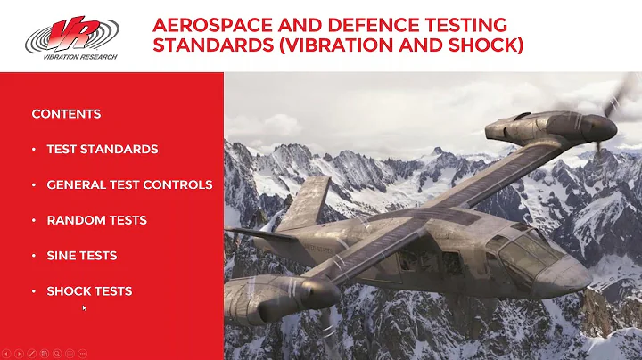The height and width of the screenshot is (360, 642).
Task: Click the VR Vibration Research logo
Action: coord(70,36)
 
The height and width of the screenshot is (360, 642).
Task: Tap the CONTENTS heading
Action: coord(66,114)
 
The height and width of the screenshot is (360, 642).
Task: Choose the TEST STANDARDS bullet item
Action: coord(102,149)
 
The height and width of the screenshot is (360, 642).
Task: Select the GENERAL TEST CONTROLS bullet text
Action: coord(129,184)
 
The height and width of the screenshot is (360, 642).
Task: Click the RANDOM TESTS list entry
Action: coord(96,220)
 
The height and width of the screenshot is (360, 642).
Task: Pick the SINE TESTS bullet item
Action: coord(81,256)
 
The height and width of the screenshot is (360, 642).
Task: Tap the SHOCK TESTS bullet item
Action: coord(89,291)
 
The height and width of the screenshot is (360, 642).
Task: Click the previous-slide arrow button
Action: coord(6,353)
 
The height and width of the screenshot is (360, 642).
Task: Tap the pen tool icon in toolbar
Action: coord(32,353)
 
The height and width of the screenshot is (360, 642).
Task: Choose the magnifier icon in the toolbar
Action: coord(57,353)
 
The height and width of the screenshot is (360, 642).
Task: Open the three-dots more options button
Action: coord(82,353)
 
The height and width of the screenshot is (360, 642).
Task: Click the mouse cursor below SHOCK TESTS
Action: coord(84,308)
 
